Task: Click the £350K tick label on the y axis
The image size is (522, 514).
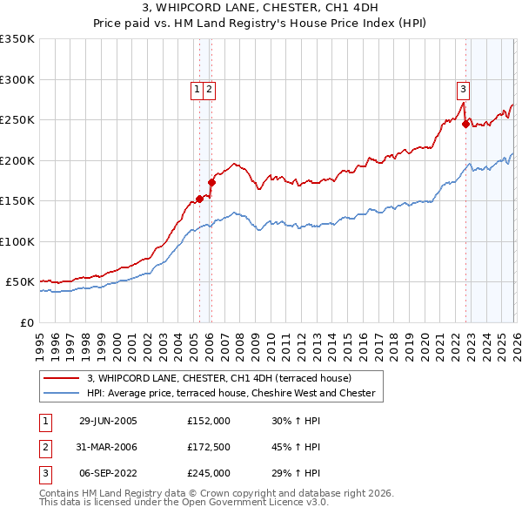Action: point(17,39)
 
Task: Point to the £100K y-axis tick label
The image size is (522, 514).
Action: point(17,241)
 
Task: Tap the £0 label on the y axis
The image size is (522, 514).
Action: point(27,322)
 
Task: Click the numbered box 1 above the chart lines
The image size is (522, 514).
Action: point(197,88)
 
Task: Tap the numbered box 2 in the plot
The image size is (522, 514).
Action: point(211,88)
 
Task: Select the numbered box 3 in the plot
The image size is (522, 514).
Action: point(464,88)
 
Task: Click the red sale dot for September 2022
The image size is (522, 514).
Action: point(465,125)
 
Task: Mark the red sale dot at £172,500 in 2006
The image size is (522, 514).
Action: point(211,183)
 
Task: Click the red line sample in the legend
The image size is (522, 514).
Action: point(63,378)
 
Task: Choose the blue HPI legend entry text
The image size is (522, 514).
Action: point(231,393)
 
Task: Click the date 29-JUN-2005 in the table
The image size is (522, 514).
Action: point(108,421)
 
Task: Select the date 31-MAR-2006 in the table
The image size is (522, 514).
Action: point(108,447)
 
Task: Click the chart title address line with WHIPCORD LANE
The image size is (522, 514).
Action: point(261,10)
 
